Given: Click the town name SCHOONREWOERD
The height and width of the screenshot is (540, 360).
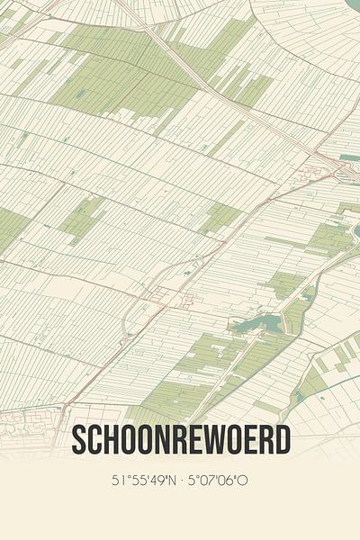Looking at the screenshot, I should click(x=180, y=440).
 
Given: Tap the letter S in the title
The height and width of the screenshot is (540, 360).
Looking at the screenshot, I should click(x=78, y=440).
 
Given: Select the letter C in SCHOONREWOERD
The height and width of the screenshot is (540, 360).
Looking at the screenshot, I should click(x=95, y=440).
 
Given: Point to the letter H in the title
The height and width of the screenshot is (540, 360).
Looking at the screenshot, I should click(x=112, y=440).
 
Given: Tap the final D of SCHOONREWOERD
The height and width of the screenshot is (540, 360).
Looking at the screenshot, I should click(x=282, y=440).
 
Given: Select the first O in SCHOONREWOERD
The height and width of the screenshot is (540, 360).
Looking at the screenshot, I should click(x=130, y=440).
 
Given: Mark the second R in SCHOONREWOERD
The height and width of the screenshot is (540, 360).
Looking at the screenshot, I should click(x=265, y=440).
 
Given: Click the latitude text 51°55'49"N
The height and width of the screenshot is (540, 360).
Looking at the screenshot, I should click(x=145, y=480).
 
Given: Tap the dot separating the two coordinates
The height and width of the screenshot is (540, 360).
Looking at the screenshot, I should click(x=182, y=480).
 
